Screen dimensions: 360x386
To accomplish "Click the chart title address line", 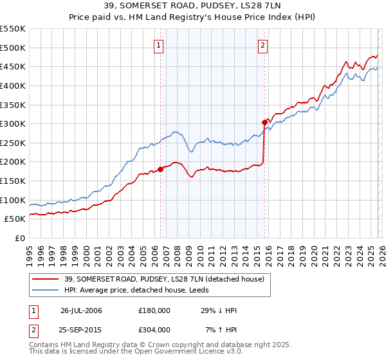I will point(193,7).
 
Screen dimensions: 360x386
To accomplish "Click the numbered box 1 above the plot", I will point(159,45).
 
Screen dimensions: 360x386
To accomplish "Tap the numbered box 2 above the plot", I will point(264,45).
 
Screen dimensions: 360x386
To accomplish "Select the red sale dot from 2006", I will point(160,170).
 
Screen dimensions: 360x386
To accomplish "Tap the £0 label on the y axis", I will point(19,239).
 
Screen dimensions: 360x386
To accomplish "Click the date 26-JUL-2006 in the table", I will point(81,310).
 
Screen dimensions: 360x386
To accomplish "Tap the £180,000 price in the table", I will point(154,310).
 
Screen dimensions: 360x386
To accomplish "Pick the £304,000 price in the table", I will point(154,330).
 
